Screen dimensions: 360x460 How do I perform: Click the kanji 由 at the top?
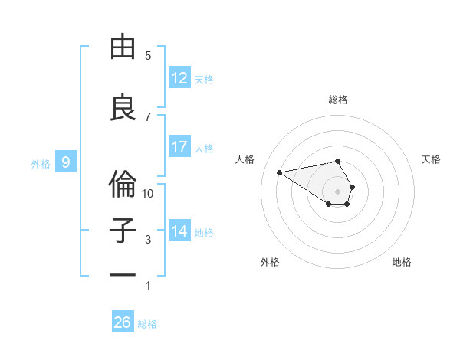point(123,47)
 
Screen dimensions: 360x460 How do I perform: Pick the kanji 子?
point(123,231)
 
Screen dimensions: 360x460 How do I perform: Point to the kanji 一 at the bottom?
point(123,275)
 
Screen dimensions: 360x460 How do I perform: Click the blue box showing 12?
point(179,78)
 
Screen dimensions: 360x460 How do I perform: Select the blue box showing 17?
point(179,147)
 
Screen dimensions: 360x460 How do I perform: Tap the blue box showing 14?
point(179,231)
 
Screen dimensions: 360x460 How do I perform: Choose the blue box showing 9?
point(66,162)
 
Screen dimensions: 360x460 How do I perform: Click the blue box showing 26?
point(123,322)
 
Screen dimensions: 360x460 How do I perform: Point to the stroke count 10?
point(149,194)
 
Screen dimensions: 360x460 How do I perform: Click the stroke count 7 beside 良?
point(149,116)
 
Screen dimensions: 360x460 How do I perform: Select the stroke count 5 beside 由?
point(149,56)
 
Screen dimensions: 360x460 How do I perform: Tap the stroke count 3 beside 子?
point(149,240)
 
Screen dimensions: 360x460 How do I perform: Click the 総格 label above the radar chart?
point(338,100)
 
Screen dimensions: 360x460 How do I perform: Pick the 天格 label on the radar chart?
point(431,159)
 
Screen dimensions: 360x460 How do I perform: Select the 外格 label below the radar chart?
point(270,262)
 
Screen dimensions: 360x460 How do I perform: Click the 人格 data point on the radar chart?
point(279,172)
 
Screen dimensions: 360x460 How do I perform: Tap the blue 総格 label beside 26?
point(147,324)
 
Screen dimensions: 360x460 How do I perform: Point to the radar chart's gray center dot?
point(337,191)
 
